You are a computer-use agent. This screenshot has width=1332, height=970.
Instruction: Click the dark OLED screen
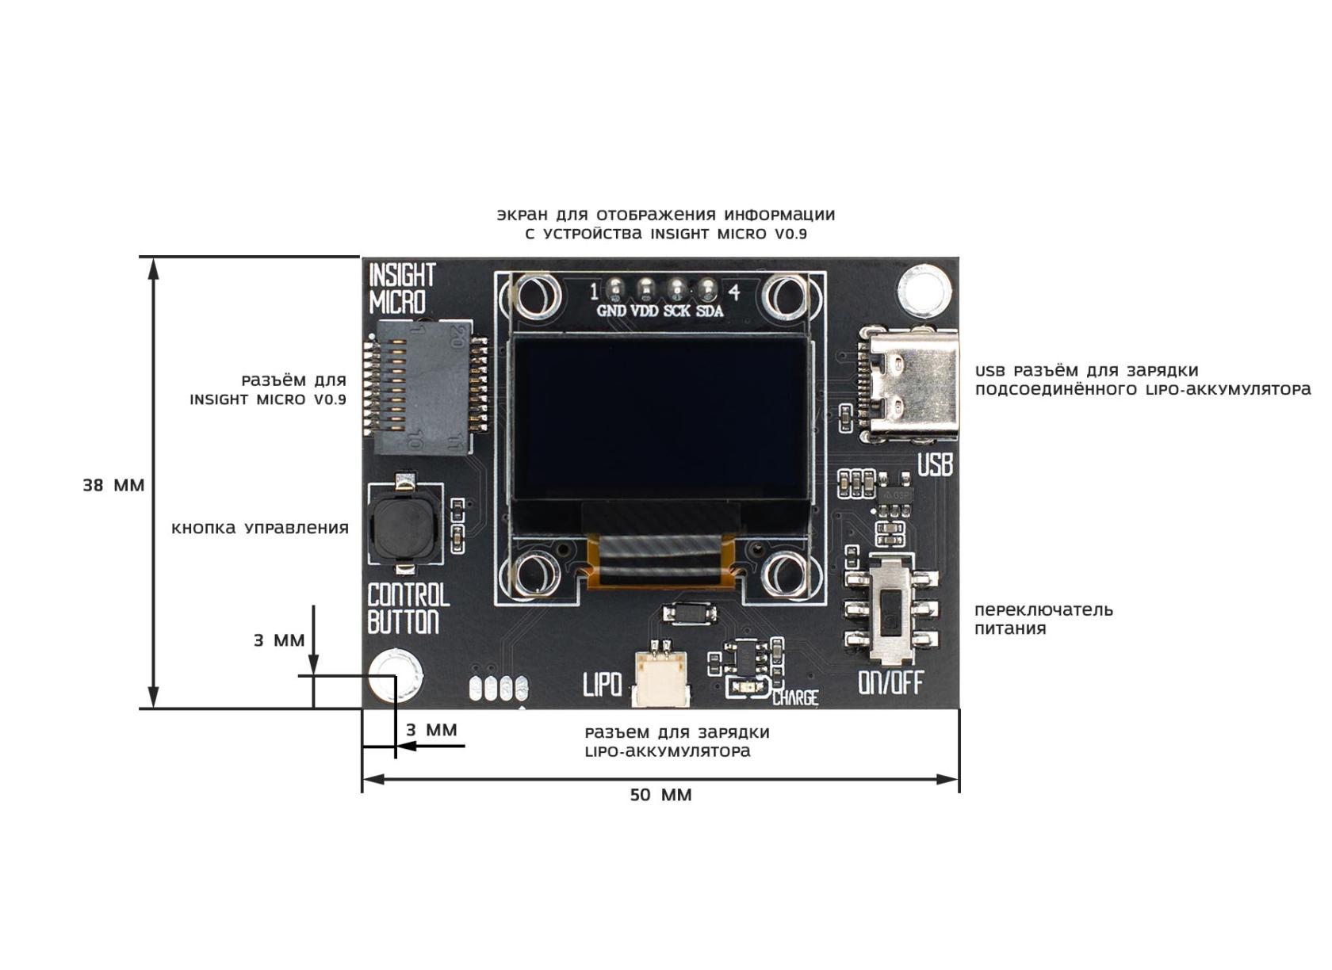click(x=660, y=417)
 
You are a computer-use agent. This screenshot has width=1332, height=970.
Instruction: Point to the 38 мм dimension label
click(x=113, y=485)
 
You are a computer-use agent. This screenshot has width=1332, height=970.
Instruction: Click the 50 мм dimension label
click(x=660, y=795)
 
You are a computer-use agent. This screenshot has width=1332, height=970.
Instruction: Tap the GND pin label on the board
click(x=610, y=311)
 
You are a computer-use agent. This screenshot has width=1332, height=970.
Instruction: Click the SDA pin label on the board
click(x=710, y=311)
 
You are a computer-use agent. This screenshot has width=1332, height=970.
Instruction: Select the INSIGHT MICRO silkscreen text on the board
click(x=401, y=288)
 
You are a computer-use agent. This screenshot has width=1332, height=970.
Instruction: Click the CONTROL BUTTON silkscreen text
click(x=408, y=608)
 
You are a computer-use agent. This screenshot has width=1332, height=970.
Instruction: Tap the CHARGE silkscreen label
click(x=794, y=697)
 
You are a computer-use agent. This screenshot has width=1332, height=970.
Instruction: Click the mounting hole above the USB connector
click(x=923, y=288)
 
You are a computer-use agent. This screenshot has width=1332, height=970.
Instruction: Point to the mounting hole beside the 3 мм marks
click(x=396, y=675)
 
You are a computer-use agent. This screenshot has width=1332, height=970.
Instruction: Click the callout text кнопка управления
click(x=260, y=528)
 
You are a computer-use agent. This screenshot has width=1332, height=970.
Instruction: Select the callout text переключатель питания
click(x=1043, y=619)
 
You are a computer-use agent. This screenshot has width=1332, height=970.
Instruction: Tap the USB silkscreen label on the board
click(x=935, y=464)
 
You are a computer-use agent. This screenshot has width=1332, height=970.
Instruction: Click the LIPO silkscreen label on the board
click(x=602, y=684)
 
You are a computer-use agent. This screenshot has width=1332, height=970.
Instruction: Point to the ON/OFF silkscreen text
click(x=890, y=682)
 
